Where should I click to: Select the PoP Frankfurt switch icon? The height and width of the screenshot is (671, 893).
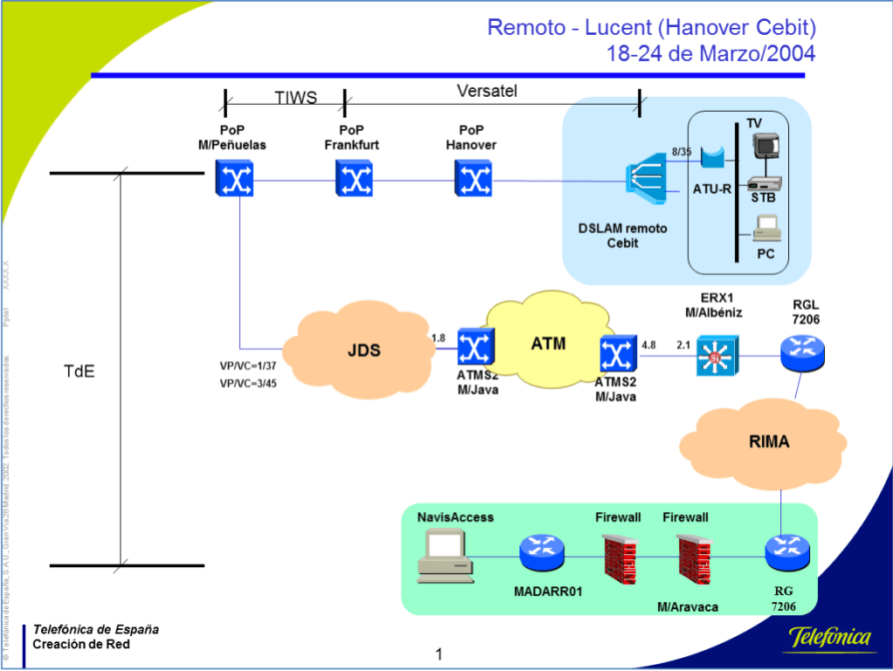[354, 181]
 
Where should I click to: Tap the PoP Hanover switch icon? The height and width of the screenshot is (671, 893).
[473, 181]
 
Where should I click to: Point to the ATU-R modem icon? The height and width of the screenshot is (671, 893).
[712, 158]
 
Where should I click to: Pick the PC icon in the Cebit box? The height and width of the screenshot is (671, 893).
[766, 229]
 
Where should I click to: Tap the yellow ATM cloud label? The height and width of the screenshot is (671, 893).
[548, 344]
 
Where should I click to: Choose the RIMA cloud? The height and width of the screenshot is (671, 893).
[768, 442]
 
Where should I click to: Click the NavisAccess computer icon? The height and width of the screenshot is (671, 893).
[444, 556]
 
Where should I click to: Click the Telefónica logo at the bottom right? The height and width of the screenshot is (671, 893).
[831, 638]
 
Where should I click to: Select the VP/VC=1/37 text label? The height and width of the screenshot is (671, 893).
[249, 366]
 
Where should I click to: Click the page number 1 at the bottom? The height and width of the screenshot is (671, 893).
[439, 654]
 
